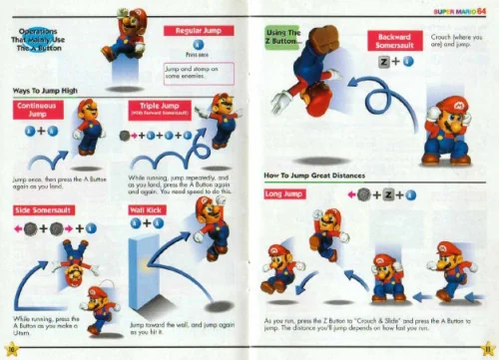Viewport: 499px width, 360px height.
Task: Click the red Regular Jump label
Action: (198, 31)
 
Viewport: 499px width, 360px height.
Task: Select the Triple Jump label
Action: (156, 109)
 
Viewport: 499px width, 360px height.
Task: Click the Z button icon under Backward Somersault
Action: (385, 62)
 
